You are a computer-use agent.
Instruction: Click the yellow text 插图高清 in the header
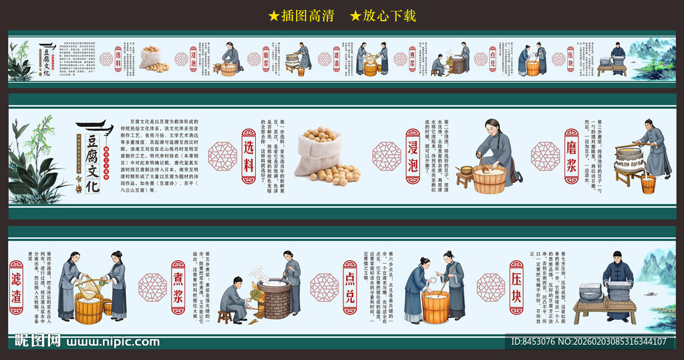tap(301, 15)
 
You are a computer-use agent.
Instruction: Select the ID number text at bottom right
tap(588, 341)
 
